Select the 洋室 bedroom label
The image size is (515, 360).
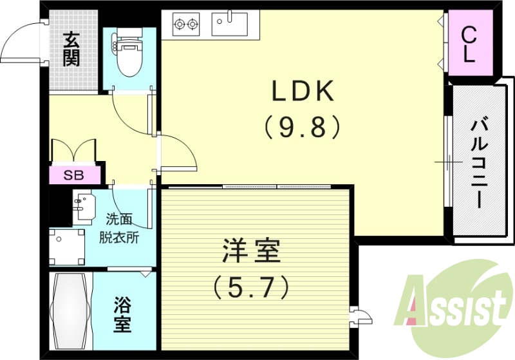[x=252, y=251]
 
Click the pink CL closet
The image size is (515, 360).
[x=469, y=44]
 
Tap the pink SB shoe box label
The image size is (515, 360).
[x=75, y=175]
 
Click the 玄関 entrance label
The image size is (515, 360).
[x=71, y=50]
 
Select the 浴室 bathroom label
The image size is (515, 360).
[x=123, y=314]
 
